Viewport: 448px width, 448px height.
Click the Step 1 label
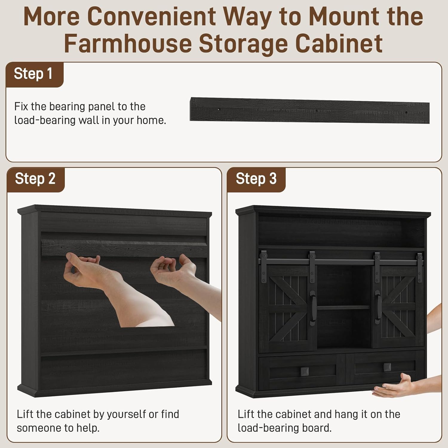pos(33,74)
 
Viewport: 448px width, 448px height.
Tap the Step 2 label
pos(35,179)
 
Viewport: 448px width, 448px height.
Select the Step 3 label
pos(256,179)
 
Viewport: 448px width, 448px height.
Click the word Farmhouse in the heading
pos(128,43)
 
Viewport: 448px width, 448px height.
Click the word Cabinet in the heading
pos(339,43)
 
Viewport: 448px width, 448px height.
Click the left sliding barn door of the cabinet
pos(288,308)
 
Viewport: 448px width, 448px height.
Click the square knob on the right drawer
pos(387,367)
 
